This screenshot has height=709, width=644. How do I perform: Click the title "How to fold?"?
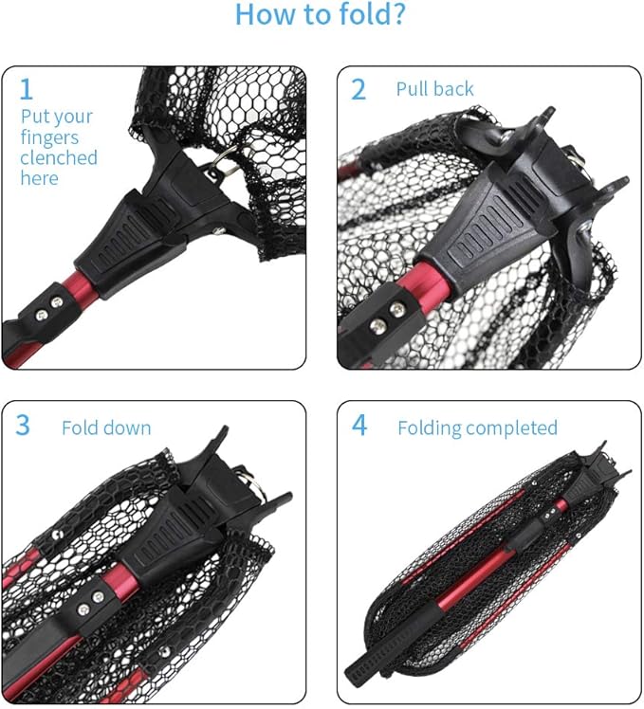pos(322,15)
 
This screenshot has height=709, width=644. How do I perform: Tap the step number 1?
pos(27,89)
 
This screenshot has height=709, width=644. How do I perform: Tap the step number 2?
pos(358,89)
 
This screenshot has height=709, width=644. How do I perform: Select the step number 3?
pos(23,426)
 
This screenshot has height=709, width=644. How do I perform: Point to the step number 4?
pos(359,426)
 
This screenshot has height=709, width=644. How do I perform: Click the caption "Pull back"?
pos(434,89)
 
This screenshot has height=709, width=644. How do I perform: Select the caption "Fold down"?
pos(106,427)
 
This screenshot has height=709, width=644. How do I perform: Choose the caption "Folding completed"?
pos(477,427)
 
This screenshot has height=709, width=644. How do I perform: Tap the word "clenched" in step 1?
pos(59,157)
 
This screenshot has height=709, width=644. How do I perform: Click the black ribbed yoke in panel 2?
pos(488,223)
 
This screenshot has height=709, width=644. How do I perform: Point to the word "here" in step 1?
pos(39,178)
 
